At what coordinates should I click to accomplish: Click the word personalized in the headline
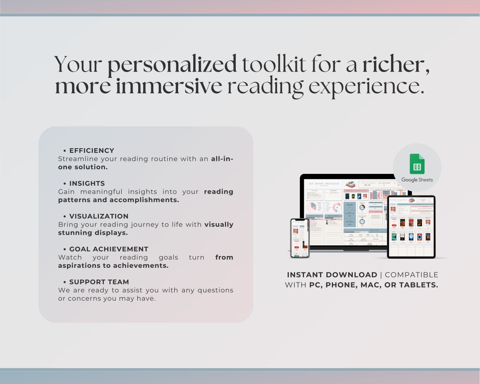pos(172,65)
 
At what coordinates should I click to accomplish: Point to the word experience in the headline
pos(366,87)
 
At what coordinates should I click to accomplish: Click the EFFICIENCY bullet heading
pos(91,150)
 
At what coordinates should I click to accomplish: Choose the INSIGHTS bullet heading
pos(87,183)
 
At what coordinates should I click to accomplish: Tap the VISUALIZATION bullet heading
pos(99,216)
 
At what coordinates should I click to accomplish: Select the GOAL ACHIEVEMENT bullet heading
pos(109,249)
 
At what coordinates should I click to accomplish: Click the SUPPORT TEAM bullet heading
pos(99,282)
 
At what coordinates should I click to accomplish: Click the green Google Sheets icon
pos(417,164)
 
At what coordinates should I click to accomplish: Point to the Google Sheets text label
pos(417,180)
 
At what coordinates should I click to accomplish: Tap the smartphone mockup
pos(300,237)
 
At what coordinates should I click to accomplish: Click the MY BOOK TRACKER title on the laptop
pos(324,184)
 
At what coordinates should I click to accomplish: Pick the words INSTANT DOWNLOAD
pos(332,275)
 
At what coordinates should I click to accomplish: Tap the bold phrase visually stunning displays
pos(145,229)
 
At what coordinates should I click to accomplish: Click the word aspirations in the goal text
pos(80,266)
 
